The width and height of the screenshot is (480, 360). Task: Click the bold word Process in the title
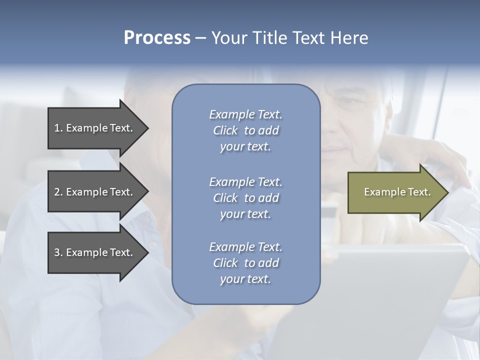coord(157,38)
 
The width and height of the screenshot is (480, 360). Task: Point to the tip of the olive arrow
coord(447,192)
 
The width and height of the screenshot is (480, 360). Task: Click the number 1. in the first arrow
coord(58,128)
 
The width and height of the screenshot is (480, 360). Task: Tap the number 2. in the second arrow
coord(58,192)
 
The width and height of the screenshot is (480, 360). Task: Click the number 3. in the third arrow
coord(58,252)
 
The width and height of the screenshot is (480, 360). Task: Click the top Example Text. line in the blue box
coord(246,114)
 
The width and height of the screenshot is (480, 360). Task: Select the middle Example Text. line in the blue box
coord(246,181)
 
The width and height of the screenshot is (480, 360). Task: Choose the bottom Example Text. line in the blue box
coord(246,247)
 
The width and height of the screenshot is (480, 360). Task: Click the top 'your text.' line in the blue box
coord(245,147)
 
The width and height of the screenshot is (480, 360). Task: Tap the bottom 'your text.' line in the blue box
coord(245,279)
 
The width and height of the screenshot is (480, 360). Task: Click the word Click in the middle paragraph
coord(225,198)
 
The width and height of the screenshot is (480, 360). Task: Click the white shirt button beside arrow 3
coord(152,245)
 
